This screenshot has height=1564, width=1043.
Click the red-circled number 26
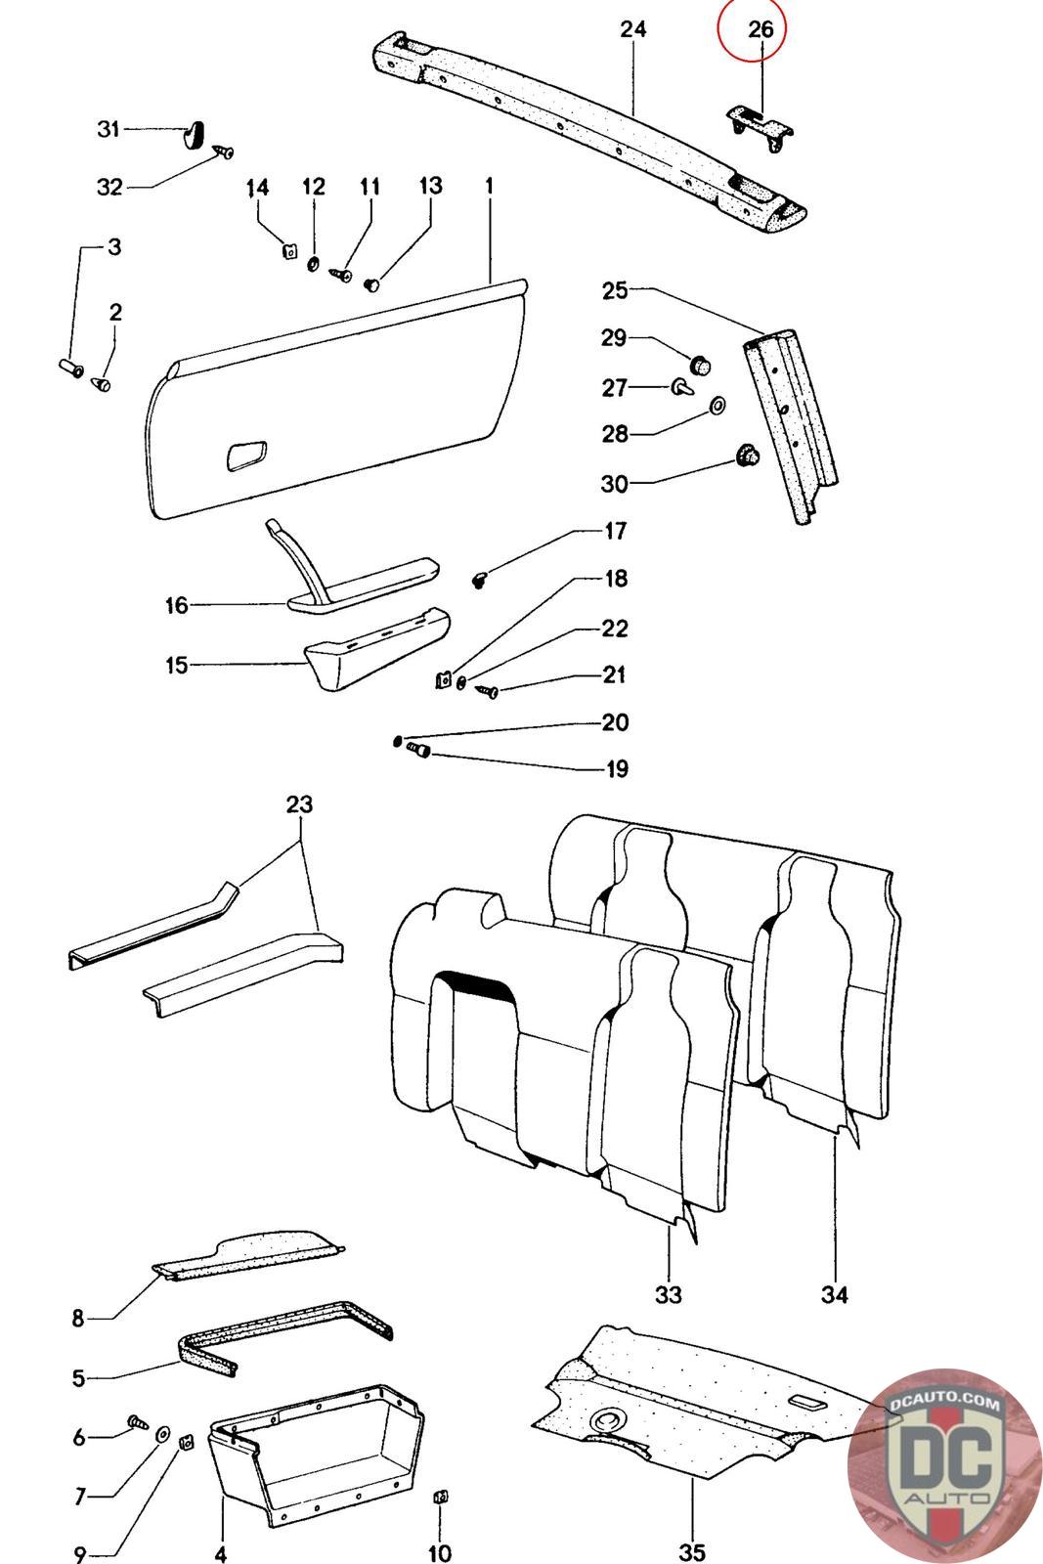pos(760,30)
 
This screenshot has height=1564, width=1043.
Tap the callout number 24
pos(633,29)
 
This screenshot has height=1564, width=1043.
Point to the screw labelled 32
pos(226,152)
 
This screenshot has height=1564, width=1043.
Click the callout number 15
pos(176,666)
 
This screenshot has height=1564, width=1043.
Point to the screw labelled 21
pos(488,692)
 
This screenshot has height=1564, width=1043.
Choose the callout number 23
pos(299,805)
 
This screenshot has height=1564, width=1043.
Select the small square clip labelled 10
pos(440,1497)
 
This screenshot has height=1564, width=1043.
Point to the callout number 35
pos(691,1551)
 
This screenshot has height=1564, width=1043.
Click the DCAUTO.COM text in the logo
pos(945,1404)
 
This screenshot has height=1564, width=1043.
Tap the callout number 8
pos(78,1319)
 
